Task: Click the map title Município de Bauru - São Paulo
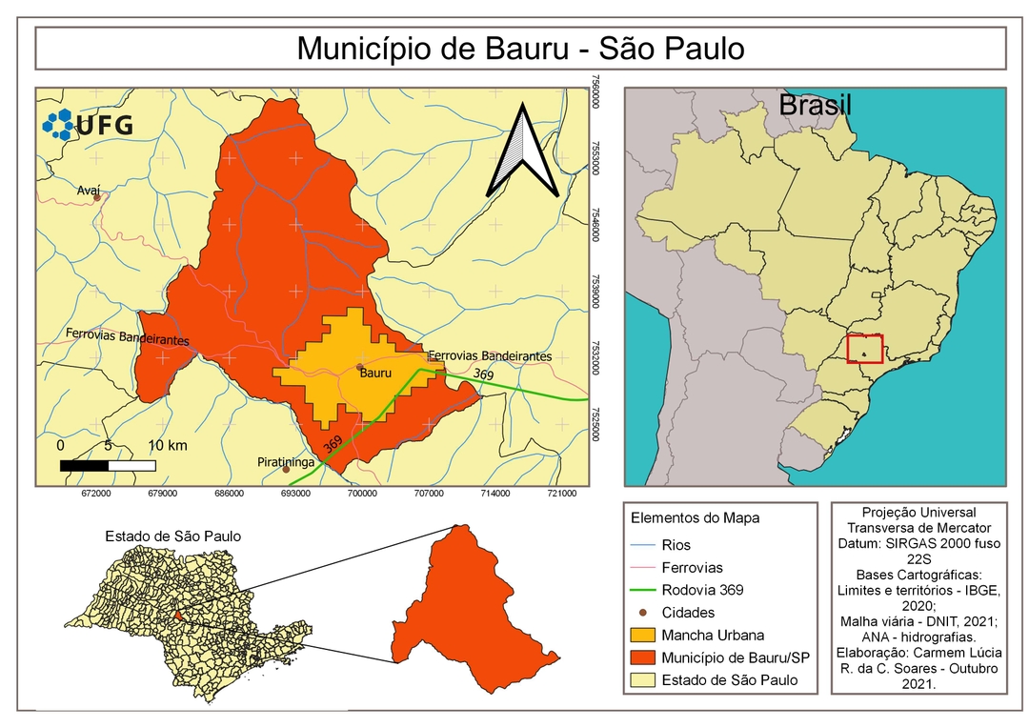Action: [520, 49]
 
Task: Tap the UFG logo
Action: [89, 124]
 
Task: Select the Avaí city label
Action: [89, 191]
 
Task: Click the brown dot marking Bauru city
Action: [359, 367]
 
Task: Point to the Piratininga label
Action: [283, 461]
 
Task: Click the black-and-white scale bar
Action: [107, 465]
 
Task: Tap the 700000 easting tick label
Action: [361, 494]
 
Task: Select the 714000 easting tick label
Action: [494, 494]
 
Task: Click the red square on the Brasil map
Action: [865, 349]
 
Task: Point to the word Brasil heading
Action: [815, 106]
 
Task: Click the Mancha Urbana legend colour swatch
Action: [644, 635]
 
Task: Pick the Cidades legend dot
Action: [643, 613]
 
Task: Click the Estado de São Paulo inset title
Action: [172, 536]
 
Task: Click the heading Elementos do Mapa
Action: [695, 519]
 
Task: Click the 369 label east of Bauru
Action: [483, 375]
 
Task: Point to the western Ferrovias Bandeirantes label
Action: [127, 336]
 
